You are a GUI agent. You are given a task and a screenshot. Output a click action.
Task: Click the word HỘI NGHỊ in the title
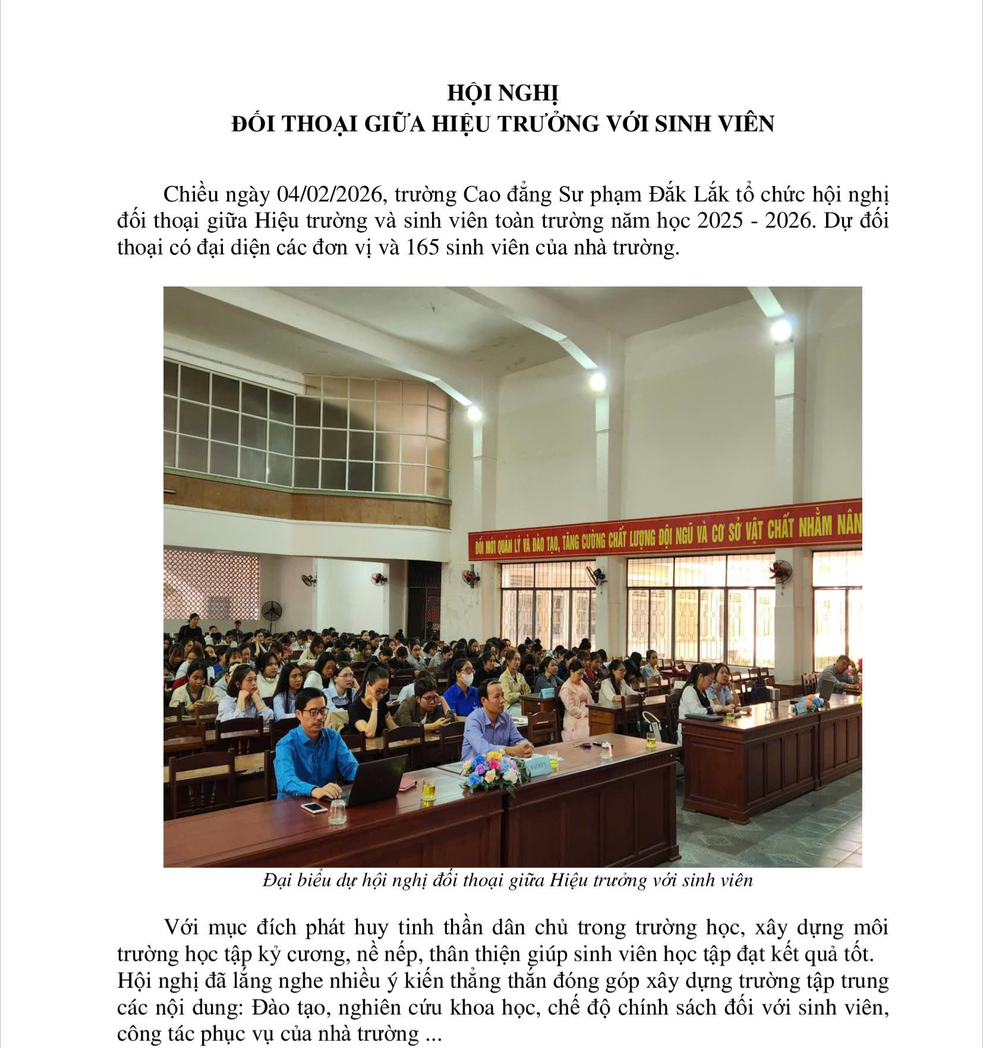pyautogui.click(x=503, y=94)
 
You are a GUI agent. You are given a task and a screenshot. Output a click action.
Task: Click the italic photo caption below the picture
pyautogui.click(x=508, y=880)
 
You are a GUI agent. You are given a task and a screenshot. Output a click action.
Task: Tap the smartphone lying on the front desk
pyautogui.click(x=313, y=808)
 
